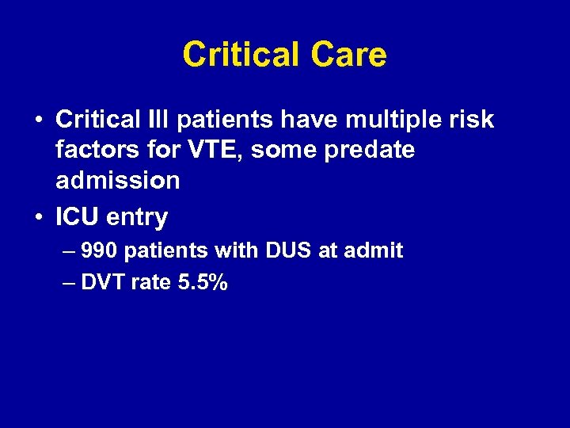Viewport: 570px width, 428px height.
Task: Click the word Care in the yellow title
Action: click(x=348, y=55)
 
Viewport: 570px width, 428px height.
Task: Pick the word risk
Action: click(x=473, y=120)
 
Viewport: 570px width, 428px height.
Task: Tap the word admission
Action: click(x=118, y=180)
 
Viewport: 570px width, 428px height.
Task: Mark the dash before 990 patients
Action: click(x=67, y=252)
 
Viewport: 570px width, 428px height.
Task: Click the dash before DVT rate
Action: click(x=67, y=283)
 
